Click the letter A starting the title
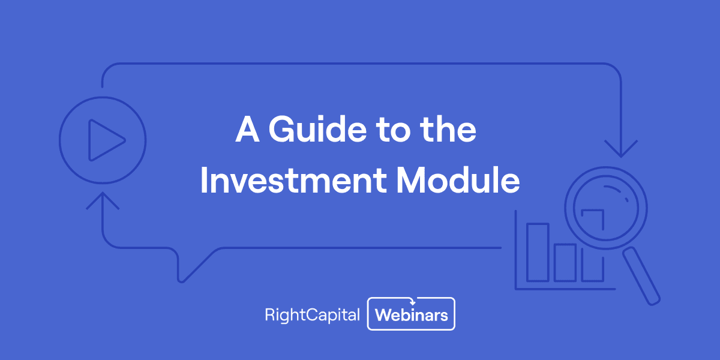point(247,130)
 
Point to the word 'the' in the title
point(448,130)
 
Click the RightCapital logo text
point(312,314)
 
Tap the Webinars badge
point(412,314)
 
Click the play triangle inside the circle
point(106,141)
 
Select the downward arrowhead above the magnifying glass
point(621,148)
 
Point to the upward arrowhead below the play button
point(103,200)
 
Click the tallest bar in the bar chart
point(538,252)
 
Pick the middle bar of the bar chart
point(565,262)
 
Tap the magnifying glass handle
point(641,276)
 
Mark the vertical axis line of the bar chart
point(516,252)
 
